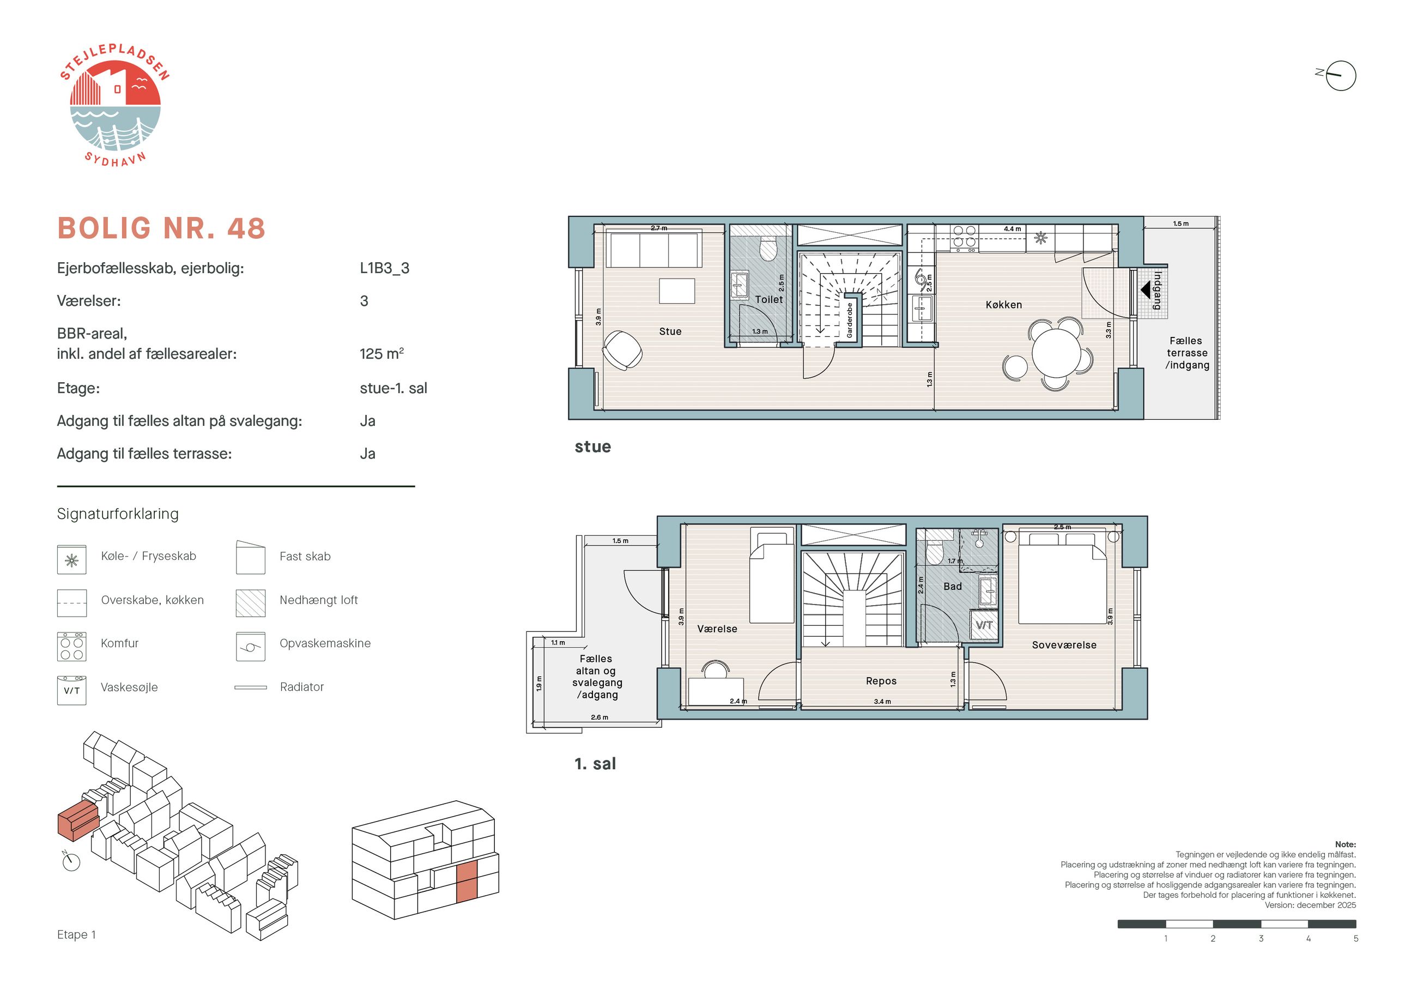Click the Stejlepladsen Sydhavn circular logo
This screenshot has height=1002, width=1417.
(115, 106)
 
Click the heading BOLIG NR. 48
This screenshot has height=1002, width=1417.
(161, 228)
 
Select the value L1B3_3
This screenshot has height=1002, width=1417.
(384, 268)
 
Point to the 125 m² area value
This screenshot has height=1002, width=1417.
(381, 354)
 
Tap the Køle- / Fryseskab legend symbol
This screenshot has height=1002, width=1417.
(71, 560)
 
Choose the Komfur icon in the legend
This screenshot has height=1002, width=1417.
(71, 647)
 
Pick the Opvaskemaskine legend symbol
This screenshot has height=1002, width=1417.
(251, 647)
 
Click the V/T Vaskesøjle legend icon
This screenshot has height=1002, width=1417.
(71, 690)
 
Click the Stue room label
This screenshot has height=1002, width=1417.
(670, 331)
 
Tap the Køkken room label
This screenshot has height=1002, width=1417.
(1003, 304)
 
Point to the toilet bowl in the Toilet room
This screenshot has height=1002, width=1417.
(768, 248)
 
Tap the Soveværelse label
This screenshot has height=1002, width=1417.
(1064, 645)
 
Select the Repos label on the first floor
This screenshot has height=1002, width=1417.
(881, 681)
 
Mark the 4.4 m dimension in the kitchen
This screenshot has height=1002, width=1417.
(1012, 229)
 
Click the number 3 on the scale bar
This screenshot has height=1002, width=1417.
(1261, 938)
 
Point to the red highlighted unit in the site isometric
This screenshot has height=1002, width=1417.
(78, 820)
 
